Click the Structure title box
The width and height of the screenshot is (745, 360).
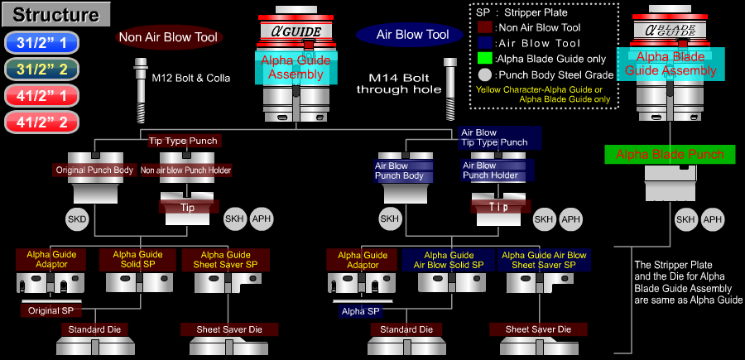click(x=55, y=14)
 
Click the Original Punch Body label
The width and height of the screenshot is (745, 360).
click(x=94, y=170)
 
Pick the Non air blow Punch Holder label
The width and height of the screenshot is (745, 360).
click(x=186, y=170)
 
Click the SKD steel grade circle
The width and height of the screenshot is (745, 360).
click(x=76, y=218)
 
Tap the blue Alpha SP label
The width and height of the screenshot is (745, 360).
click(x=359, y=311)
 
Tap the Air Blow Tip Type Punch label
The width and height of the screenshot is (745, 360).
click(x=494, y=137)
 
